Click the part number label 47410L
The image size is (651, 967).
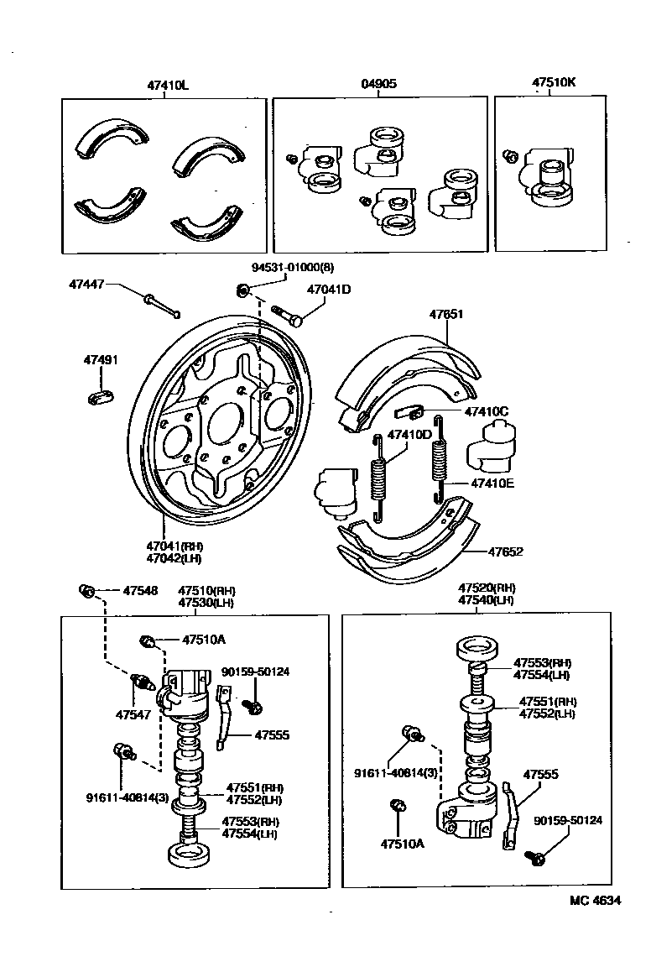pos(168,84)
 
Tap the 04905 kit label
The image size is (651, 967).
pos(379,84)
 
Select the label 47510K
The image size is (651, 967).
pos(554,84)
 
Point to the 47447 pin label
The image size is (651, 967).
pos(87,285)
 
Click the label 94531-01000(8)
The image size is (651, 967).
pos(293,268)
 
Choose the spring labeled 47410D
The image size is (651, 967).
pos(378,474)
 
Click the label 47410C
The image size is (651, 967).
pos(487,412)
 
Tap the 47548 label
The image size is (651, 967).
pos(140,591)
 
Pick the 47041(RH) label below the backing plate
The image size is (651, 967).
pos(175,546)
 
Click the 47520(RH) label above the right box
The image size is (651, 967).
pos(487,588)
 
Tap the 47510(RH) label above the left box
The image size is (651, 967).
pos(206,591)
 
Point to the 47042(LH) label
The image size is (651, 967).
pos(174,557)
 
